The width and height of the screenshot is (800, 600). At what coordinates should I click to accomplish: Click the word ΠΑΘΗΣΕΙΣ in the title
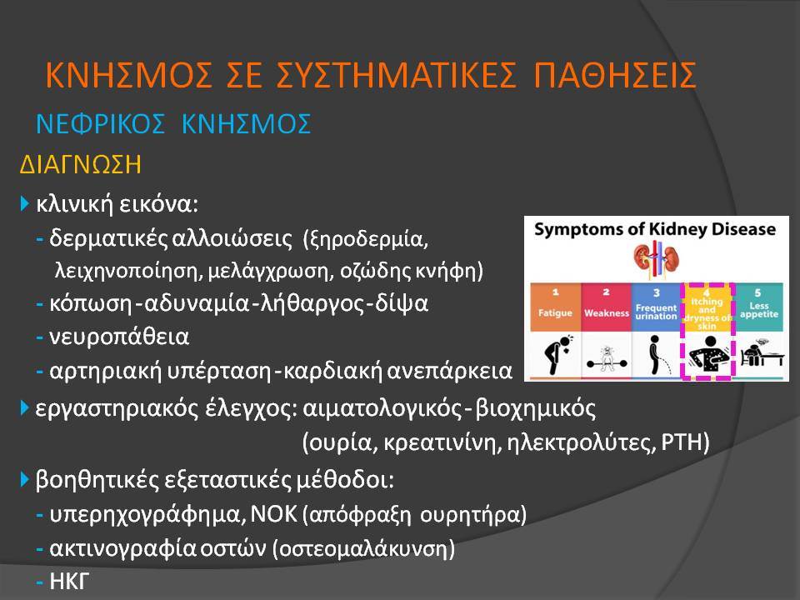[615, 75]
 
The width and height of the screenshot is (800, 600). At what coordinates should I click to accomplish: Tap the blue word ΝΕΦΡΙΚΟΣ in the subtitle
[101, 124]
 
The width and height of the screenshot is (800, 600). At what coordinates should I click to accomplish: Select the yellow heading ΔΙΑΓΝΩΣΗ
[80, 165]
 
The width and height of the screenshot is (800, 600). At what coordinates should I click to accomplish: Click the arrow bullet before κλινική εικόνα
[24, 203]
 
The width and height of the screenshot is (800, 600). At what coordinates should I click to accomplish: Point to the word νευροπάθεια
[119, 337]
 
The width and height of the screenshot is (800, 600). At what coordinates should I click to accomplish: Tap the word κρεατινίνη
[442, 442]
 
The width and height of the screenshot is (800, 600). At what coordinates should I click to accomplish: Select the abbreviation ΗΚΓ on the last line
[69, 581]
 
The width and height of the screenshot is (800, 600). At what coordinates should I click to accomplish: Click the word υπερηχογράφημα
[144, 515]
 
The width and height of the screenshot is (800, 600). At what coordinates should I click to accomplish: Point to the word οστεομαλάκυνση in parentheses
[363, 549]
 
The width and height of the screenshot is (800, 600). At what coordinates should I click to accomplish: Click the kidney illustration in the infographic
[656, 259]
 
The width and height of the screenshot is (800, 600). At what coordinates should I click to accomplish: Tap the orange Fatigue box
[555, 307]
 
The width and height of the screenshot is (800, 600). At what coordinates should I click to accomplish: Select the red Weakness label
[607, 313]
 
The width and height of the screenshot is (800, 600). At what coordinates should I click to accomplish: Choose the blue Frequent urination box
[656, 307]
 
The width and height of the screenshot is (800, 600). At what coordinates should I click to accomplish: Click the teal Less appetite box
[758, 307]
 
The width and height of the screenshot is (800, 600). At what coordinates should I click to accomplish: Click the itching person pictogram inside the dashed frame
[709, 355]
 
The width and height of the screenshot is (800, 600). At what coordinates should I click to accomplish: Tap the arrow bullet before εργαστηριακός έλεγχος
[24, 408]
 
